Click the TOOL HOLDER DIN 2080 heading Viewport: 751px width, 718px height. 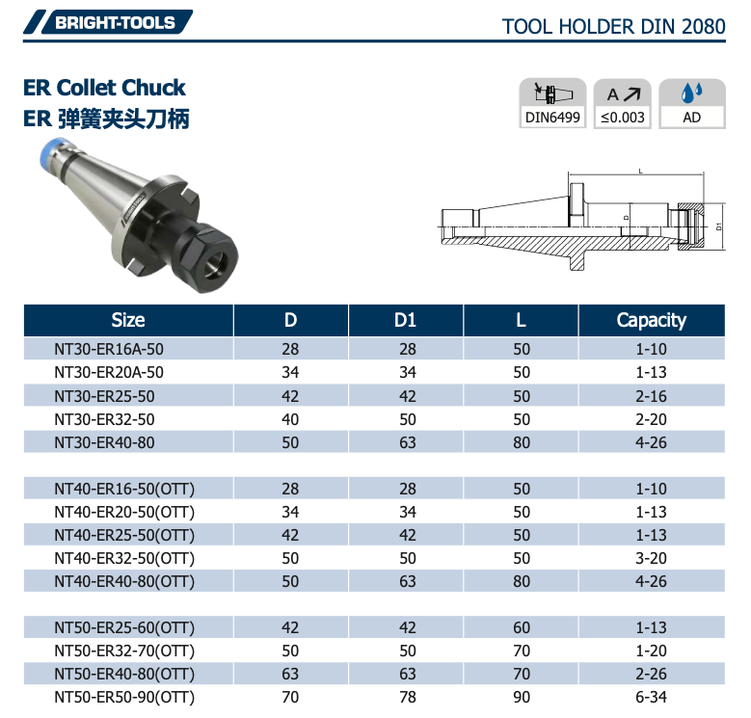click(x=613, y=26)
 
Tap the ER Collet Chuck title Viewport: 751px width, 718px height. click(x=104, y=88)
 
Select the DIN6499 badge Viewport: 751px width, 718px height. click(x=552, y=105)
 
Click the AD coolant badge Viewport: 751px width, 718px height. click(x=691, y=105)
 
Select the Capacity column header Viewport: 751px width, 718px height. click(x=651, y=320)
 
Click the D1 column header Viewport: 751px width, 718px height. click(x=405, y=320)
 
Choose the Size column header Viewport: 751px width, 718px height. click(x=128, y=320)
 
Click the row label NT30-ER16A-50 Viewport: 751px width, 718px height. click(x=109, y=349)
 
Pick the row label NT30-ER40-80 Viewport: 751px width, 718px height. click(x=104, y=442)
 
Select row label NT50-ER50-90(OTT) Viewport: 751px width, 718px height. click(x=124, y=697)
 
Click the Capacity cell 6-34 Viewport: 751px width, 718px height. click(x=651, y=697)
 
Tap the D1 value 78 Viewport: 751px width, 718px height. click(x=405, y=697)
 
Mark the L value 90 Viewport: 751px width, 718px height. click(x=522, y=697)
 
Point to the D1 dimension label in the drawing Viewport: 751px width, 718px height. click(x=718, y=227)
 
